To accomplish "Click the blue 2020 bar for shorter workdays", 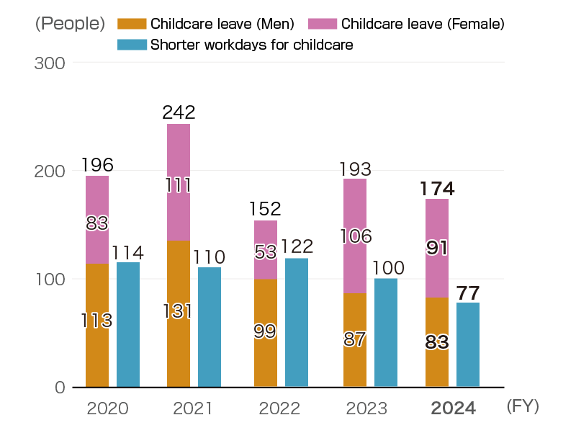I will (128, 324).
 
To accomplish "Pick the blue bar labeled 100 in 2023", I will (386, 332).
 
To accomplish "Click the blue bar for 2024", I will (468, 344).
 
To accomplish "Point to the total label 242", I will (179, 112).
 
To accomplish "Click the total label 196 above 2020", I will (97, 164).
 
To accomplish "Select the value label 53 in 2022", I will (266, 252).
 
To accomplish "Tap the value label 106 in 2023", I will (355, 236).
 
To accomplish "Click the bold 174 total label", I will (437, 189).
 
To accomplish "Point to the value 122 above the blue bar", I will (297, 246).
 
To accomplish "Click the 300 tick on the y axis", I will (50, 63).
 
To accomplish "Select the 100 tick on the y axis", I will (50, 280).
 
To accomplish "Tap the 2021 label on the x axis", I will (193, 409).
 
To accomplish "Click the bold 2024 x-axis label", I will (453, 409).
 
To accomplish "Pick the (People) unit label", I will (70, 23).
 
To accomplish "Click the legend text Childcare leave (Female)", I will (423, 24).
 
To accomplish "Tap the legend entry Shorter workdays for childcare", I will (251, 45).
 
